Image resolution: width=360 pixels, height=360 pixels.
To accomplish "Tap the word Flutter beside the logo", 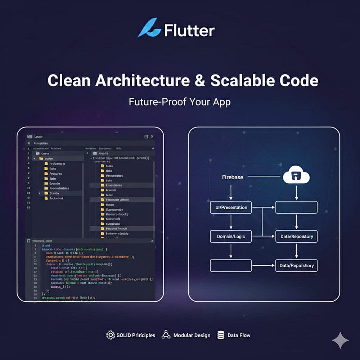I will (189, 31).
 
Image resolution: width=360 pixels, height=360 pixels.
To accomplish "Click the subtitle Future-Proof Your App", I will (180, 102).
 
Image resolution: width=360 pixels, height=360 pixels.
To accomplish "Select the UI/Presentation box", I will (231, 207).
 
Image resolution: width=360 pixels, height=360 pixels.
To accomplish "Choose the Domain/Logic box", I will (231, 237).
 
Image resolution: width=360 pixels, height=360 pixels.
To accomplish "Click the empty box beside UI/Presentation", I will (296, 207).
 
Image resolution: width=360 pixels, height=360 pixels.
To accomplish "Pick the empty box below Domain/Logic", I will (231, 266).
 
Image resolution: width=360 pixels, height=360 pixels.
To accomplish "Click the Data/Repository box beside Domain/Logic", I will (296, 237).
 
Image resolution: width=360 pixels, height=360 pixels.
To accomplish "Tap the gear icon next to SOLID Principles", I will (111, 335).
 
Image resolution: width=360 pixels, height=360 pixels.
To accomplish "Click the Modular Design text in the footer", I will (192, 335).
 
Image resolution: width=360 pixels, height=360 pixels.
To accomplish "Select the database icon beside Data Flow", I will (221, 335).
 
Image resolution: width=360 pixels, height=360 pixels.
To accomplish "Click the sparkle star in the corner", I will (340, 340).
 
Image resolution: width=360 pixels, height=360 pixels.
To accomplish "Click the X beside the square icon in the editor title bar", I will (152, 137).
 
